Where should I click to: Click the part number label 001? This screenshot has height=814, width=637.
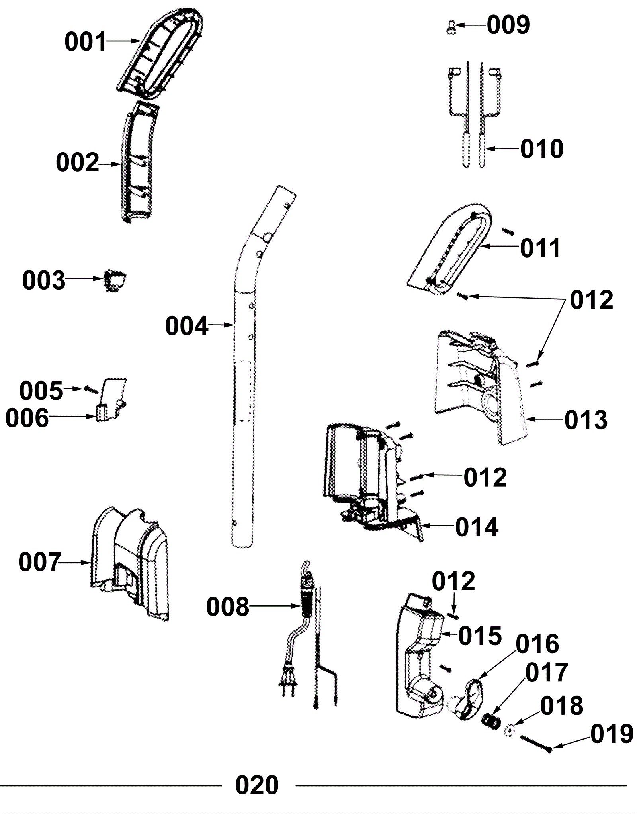pos(86,42)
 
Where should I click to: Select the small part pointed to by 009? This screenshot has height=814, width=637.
pos(451,28)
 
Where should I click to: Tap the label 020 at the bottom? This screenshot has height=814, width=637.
pos(257,785)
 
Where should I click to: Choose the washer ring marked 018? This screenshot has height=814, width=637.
pos(509,730)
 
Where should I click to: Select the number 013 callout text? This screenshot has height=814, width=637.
pos(586,420)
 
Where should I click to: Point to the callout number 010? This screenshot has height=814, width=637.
pos(541,149)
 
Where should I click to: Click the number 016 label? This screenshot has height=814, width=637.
pos(537,644)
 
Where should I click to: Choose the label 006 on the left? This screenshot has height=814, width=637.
pos(27,418)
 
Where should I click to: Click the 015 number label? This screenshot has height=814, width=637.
pos(480,636)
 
